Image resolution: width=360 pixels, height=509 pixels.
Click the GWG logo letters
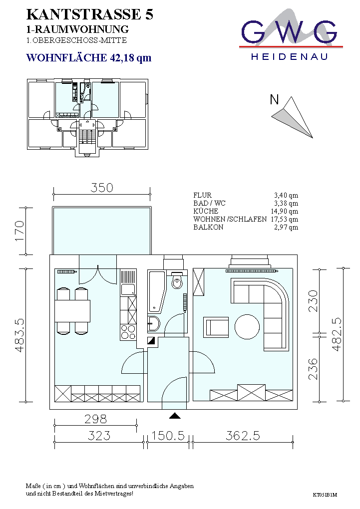(289, 32)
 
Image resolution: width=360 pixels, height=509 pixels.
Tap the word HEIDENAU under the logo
(289, 57)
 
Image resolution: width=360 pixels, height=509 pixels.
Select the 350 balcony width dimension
(102, 188)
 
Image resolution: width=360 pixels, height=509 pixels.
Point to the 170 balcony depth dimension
(19, 231)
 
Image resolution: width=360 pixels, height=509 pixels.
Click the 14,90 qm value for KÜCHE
(284, 211)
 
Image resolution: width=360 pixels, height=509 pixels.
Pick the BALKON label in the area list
(208, 227)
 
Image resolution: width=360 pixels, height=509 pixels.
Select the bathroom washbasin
(154, 324)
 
